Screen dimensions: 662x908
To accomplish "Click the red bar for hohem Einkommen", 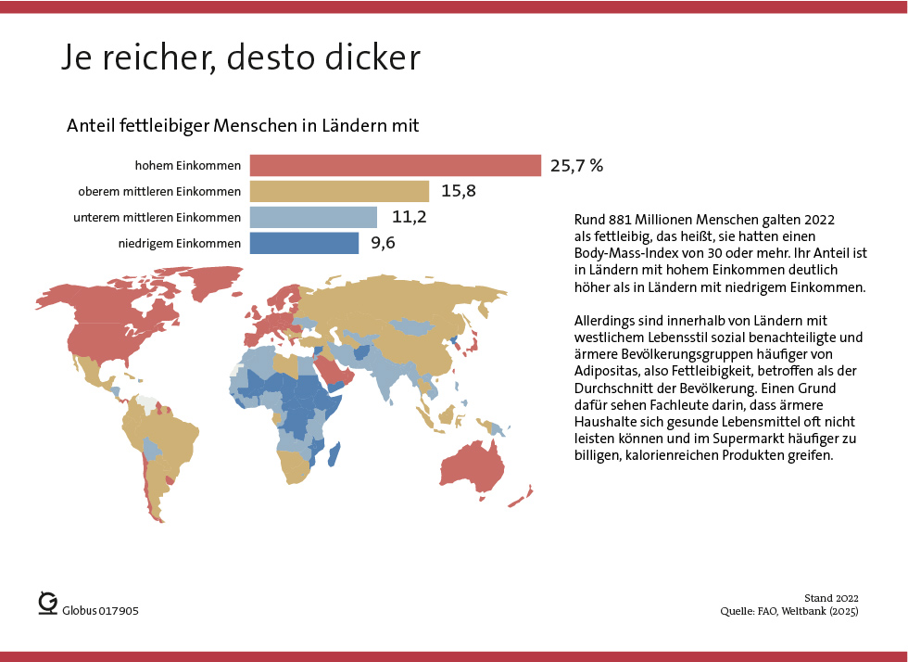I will coord(396,166).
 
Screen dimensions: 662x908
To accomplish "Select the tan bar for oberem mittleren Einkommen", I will coord(339,192).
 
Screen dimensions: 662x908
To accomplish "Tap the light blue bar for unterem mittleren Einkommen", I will coord(313,218).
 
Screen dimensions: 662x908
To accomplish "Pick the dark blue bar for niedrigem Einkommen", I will coord(304,243).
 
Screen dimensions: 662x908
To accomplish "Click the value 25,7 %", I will coord(576,166).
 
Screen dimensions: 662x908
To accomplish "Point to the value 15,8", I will coord(459,192).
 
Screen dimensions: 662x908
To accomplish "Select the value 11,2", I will coord(407,218).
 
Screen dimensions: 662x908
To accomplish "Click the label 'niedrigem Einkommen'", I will coord(180,244).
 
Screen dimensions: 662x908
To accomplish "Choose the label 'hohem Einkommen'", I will coord(188,167).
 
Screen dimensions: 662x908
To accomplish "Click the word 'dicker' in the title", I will coord(373,57).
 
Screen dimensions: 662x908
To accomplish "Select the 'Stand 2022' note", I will coord(830,598).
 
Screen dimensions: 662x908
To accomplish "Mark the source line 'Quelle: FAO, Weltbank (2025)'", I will coord(789,612).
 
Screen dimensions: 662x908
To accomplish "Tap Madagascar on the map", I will coord(333,455).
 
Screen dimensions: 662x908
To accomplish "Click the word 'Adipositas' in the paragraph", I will coord(606,370).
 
